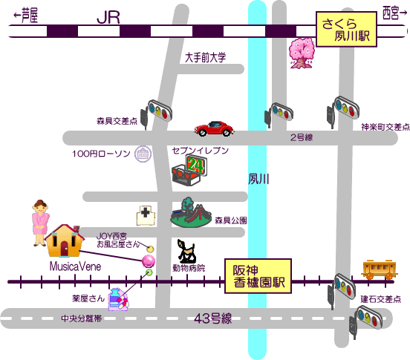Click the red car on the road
[214, 128]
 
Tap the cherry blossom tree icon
[302, 53]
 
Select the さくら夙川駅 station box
[346, 29]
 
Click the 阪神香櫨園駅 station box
[258, 276]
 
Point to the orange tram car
[380, 269]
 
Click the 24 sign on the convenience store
[196, 165]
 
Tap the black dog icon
[186, 251]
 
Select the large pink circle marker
[149, 261]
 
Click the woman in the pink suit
[40, 223]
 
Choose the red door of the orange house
[65, 249]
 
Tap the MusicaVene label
[75, 266]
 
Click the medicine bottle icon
[118, 299]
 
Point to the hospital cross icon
[146, 215]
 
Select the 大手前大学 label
[205, 57]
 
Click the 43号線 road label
[213, 318]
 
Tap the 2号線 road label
[302, 137]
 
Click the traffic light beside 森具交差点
[156, 114]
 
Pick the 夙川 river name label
[258, 179]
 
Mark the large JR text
[108, 18]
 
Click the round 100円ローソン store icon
[143, 154]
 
